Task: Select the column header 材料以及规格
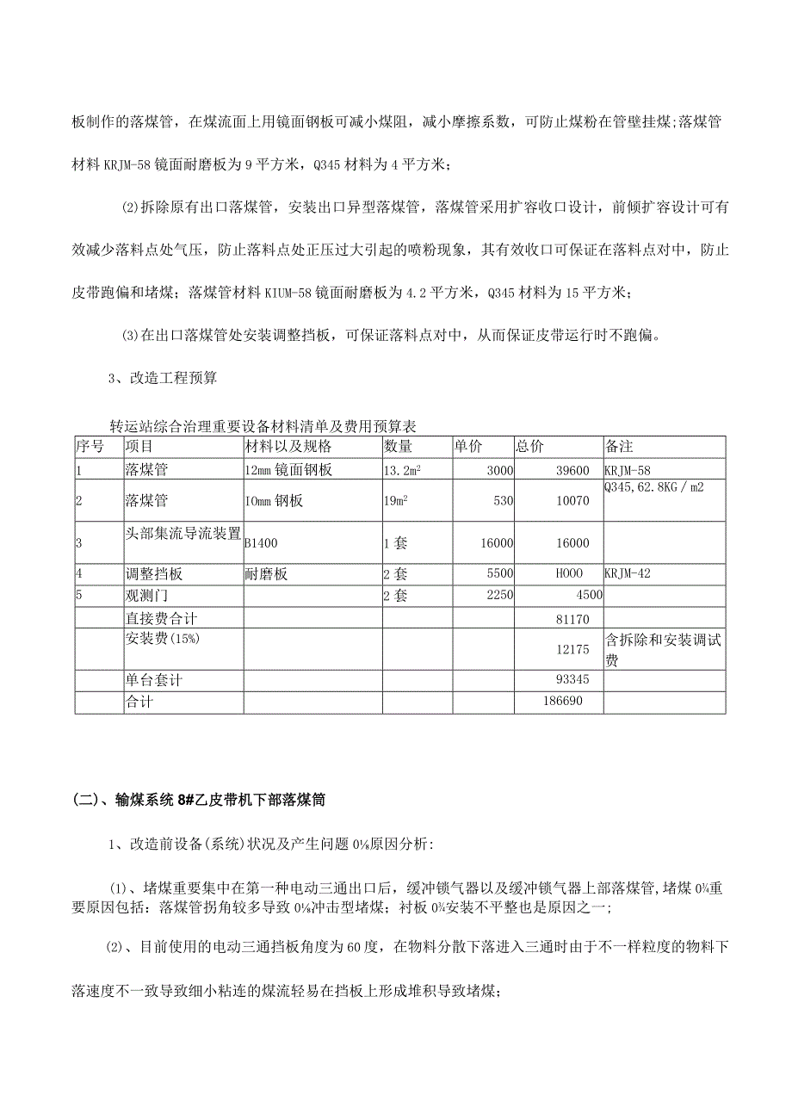point(288,446)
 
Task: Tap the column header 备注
point(620,446)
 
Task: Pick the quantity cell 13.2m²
point(402,470)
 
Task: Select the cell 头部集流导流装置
point(183,534)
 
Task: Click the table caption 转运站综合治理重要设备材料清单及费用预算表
point(264,426)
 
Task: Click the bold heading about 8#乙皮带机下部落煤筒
point(200,800)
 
